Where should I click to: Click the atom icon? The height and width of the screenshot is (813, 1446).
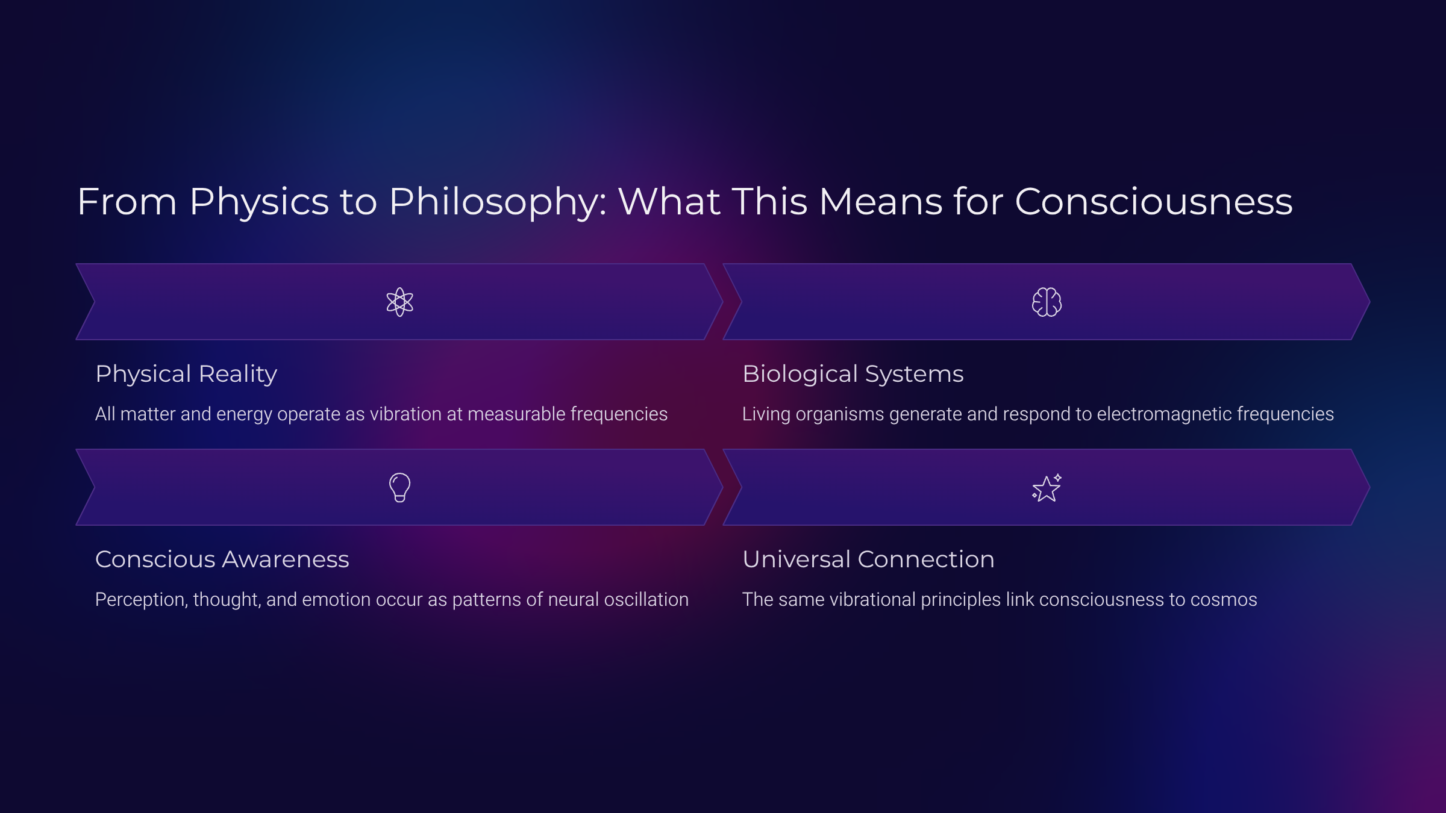[399, 302]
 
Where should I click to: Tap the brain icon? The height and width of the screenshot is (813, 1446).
[1047, 302]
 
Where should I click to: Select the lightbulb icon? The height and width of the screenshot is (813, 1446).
[399, 487]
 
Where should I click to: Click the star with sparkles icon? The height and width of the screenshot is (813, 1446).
[1047, 488]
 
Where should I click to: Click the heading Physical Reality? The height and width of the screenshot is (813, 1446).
[186, 374]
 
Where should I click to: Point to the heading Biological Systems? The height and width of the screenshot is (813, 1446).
[853, 374]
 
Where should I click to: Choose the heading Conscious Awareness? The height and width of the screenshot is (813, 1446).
[222, 559]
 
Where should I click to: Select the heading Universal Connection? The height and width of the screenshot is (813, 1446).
[868, 559]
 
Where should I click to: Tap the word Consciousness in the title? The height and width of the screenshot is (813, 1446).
[1153, 202]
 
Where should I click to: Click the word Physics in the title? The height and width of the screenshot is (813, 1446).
[259, 202]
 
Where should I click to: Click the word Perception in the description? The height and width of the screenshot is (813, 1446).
[141, 600]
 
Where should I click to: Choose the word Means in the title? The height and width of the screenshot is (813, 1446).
[880, 202]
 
